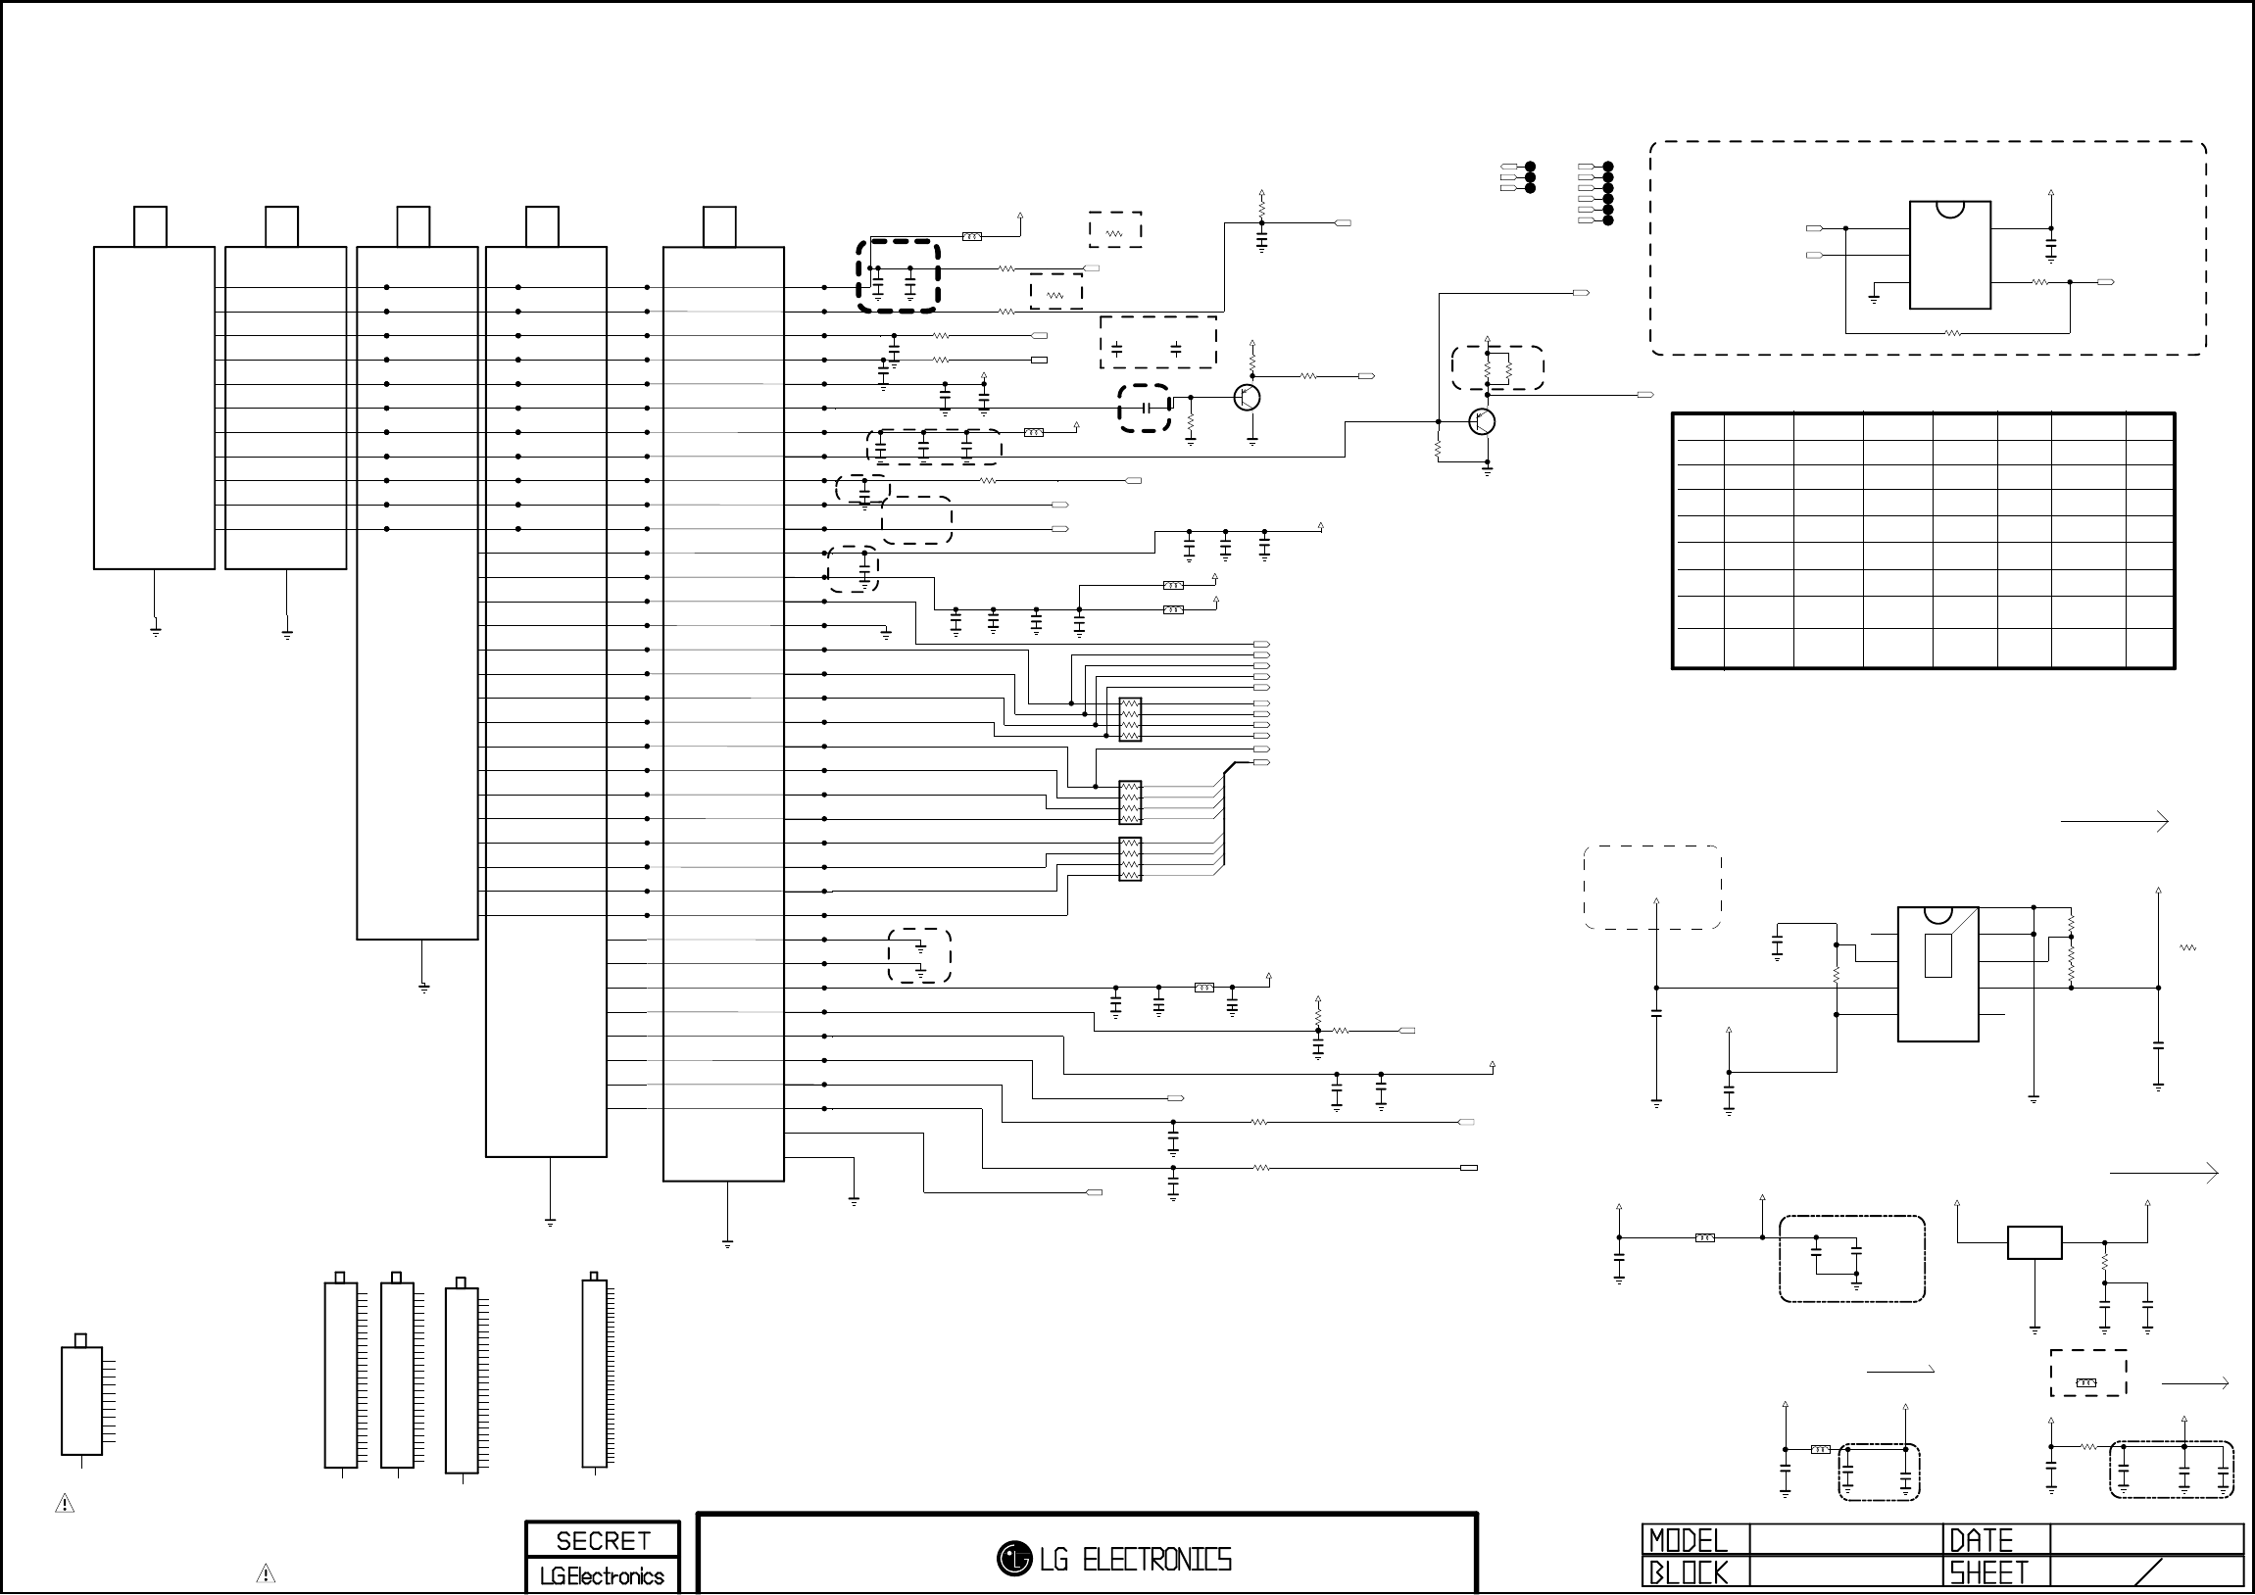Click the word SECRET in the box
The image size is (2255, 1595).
(602, 1540)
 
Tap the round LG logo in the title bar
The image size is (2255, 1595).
(1013, 1558)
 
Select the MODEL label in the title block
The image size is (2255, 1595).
(1688, 1540)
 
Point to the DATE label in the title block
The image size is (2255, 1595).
(1981, 1540)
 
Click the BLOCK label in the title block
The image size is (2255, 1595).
(1688, 1573)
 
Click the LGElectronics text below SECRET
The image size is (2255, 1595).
(602, 1576)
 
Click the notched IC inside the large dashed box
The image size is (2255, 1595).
(1949, 255)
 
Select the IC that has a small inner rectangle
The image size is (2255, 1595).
(1936, 972)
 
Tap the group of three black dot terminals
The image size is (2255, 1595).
(1529, 176)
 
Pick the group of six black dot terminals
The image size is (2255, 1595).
(1608, 193)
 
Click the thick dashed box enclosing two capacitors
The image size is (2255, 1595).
(898, 276)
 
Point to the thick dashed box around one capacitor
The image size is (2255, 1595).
(1145, 408)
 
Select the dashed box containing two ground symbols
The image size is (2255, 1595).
(919, 954)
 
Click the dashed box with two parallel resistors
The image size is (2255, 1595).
(1497, 367)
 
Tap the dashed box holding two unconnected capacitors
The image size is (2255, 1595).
(1158, 342)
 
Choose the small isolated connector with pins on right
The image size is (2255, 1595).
(82, 1400)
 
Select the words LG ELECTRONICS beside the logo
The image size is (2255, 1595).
(1136, 1559)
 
